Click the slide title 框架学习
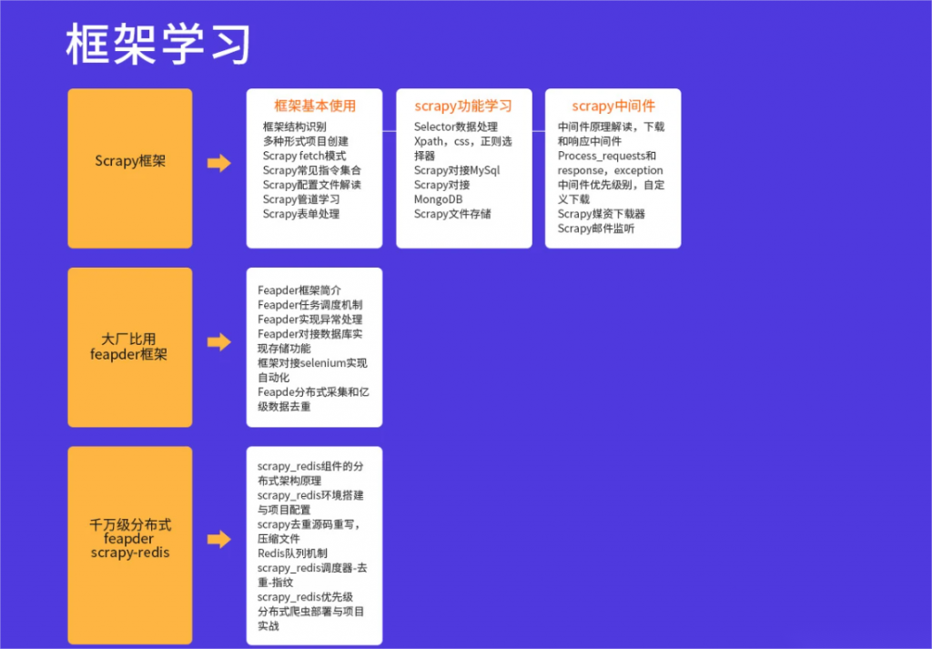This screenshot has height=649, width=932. click(x=157, y=44)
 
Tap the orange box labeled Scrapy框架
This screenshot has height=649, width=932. click(x=130, y=168)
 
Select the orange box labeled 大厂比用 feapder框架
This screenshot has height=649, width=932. click(x=130, y=347)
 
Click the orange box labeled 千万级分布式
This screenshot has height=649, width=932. click(x=130, y=545)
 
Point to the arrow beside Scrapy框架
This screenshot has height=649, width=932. click(x=218, y=163)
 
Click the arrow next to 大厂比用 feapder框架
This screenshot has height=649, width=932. click(x=218, y=341)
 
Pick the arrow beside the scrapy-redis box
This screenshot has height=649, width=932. click(x=218, y=539)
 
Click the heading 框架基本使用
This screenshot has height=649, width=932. click(x=314, y=106)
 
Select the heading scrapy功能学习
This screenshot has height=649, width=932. click(x=463, y=106)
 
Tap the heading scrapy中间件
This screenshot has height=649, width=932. click(x=613, y=106)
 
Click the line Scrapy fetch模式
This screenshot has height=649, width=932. click(x=304, y=156)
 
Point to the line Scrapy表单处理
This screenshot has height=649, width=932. click(x=300, y=214)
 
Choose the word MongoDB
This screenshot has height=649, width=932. click(x=438, y=199)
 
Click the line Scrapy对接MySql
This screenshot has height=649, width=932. click(x=457, y=170)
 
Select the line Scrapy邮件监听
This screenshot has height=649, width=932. click(x=595, y=228)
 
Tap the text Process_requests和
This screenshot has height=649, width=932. click(x=606, y=156)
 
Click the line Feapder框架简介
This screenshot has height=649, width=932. click(x=299, y=290)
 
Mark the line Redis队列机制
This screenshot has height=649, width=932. click(x=292, y=553)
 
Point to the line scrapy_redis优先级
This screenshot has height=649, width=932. click(x=305, y=597)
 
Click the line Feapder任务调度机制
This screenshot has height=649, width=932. click(x=309, y=305)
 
